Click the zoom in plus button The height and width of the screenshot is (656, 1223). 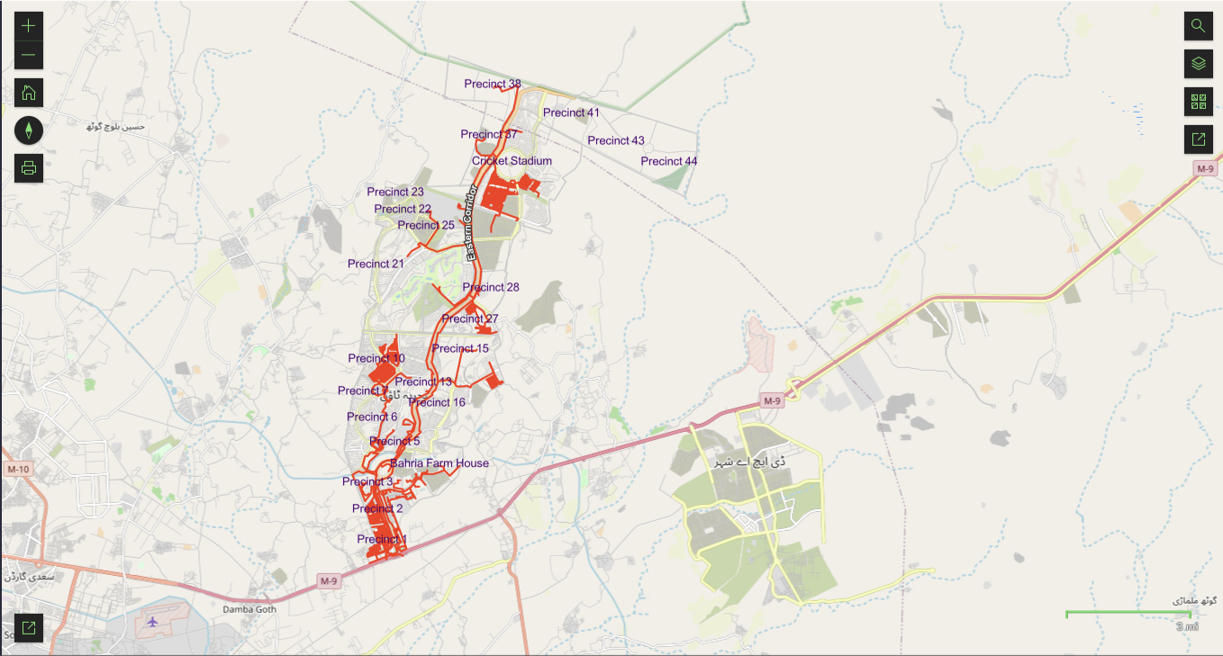pos(29,25)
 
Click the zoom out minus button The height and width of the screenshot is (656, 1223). pos(29,55)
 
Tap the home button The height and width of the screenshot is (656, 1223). pos(29,93)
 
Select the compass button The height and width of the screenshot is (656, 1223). pos(29,130)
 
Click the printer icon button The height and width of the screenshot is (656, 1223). pos(29,167)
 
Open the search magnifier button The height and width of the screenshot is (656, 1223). pos(1198,25)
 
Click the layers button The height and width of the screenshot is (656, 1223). pos(1198,63)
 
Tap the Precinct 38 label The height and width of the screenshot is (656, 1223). pos(492,84)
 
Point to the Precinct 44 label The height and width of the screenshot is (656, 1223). pos(668,161)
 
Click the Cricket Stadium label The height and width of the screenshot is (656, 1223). pos(512,161)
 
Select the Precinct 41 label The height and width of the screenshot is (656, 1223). pos(571,112)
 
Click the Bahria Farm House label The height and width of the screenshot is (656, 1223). pos(439,463)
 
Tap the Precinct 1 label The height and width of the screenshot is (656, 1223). pos(382,539)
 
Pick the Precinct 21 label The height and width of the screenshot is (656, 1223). pos(376,264)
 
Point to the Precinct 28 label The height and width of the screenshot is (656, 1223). pos(491,287)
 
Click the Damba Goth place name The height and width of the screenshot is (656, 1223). pos(249,609)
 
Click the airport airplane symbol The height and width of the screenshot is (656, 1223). pos(150,622)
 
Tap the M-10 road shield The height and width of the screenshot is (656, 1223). pos(17,470)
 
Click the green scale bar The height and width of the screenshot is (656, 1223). pos(1128,614)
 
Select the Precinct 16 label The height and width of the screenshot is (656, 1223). pos(437,402)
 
